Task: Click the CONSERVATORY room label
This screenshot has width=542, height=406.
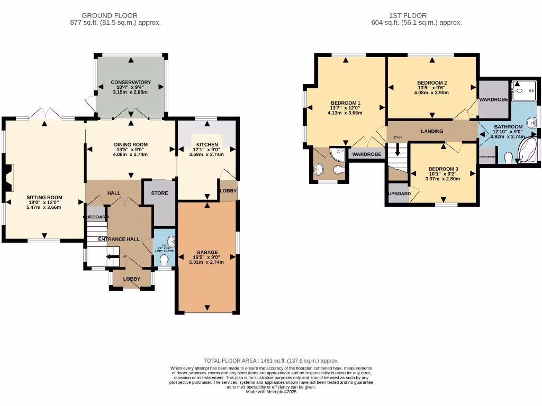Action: [131, 82]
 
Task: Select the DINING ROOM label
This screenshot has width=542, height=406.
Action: [131, 144]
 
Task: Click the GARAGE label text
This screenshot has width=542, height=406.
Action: [207, 252]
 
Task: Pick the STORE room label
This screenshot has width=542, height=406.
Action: [159, 193]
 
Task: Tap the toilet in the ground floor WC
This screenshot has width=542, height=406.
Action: [165, 260]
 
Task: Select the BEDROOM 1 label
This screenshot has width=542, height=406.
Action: [346, 103]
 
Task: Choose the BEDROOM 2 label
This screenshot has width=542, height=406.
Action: [432, 83]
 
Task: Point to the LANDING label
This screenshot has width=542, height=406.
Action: [432, 131]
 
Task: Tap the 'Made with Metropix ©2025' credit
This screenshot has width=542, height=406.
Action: [271, 392]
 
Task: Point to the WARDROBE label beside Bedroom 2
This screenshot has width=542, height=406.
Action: [493, 99]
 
